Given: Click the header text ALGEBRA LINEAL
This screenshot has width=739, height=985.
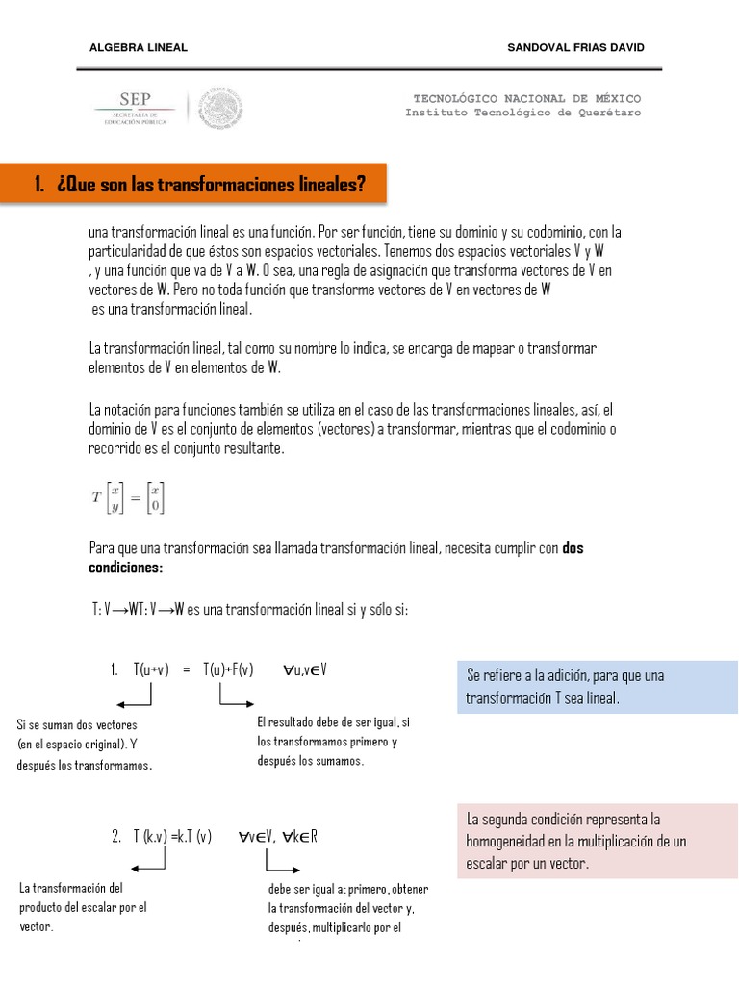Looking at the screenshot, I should (138, 47).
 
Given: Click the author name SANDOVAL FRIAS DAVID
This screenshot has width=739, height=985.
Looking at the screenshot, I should (575, 47).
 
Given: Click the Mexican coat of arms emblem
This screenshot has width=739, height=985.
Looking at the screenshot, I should (222, 108).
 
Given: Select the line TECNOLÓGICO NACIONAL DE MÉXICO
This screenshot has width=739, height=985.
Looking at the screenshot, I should (526, 99).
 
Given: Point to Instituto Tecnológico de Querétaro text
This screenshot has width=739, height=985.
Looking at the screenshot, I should (522, 113).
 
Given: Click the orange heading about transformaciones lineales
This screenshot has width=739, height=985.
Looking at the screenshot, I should (199, 183).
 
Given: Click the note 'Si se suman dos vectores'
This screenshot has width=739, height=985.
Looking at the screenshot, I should (85, 745).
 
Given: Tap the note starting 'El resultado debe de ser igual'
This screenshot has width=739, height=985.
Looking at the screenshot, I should (333, 741).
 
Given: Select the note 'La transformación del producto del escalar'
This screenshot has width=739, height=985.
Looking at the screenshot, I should (83, 907).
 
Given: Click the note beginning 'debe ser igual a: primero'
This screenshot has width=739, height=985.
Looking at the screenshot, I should (349, 908).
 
